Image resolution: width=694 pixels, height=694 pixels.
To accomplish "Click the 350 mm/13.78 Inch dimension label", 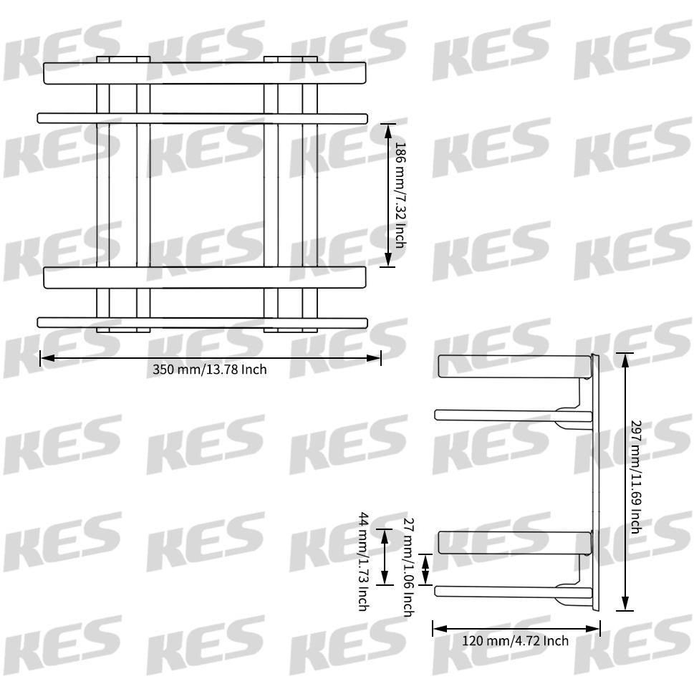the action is [x=209, y=369].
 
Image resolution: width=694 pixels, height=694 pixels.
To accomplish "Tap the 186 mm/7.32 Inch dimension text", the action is [x=400, y=196].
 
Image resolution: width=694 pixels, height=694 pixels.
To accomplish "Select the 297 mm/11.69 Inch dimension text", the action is [x=635, y=477].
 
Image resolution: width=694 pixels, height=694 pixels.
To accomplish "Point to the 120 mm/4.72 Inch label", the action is [x=515, y=640].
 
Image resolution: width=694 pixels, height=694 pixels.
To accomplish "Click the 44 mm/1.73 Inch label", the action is [x=363, y=562].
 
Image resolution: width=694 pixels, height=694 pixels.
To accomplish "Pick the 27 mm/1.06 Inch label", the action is [x=408, y=567].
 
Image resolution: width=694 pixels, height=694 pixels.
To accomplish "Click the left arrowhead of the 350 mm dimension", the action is [x=47, y=357].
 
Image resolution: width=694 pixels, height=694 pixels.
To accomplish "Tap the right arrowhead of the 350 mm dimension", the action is [x=374, y=357].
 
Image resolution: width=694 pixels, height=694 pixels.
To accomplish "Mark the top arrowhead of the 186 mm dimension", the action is [x=388, y=131].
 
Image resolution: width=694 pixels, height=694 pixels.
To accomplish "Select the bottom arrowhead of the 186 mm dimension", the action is [x=388, y=259].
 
